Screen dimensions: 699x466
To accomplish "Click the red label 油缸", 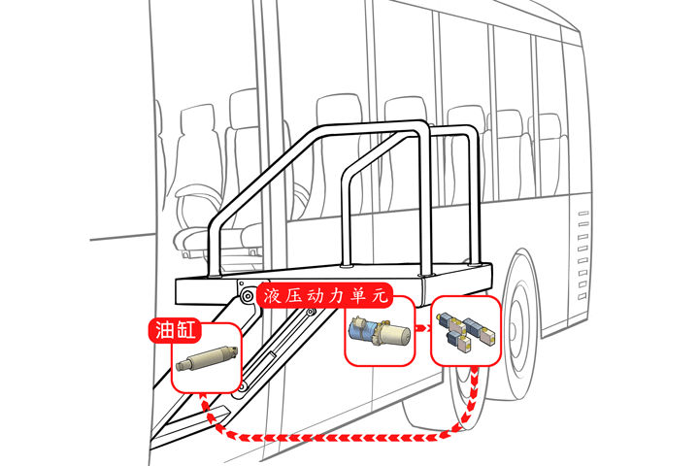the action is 175,330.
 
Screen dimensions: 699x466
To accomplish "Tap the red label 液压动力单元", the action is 325,295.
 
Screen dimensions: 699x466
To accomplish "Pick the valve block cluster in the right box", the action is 465,331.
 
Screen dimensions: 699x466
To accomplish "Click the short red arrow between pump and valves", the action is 422,328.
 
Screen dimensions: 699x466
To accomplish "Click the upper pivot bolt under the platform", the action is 247,295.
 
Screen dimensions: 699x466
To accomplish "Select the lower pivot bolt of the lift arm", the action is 242,387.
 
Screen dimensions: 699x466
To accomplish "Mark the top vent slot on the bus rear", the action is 583,214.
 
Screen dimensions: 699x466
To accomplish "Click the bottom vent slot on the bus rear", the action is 582,296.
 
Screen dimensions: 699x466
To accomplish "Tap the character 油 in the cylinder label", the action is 162,330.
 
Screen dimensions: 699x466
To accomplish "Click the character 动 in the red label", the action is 315,295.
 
